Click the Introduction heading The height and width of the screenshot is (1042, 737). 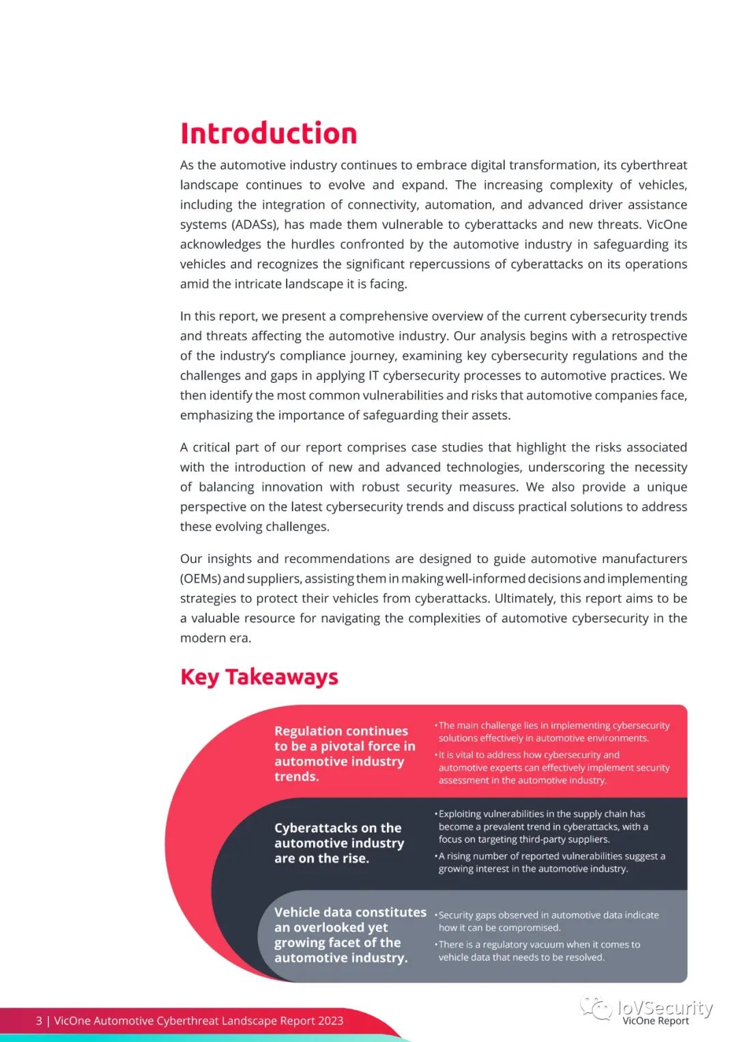point(268,133)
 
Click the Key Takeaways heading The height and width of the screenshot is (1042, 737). point(259,676)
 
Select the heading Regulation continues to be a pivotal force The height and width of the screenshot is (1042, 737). point(344,753)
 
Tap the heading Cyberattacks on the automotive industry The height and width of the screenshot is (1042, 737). point(338,843)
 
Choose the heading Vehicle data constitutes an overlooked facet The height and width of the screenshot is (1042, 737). point(349,935)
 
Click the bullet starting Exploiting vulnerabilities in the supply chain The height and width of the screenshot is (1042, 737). point(543,826)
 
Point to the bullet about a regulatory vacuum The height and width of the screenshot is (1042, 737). point(539,951)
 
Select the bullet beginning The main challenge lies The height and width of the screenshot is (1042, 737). point(553,732)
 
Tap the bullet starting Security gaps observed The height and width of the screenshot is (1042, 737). point(548,921)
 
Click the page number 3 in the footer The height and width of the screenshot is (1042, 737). point(39,1021)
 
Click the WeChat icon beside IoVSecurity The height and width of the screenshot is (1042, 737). point(595,1008)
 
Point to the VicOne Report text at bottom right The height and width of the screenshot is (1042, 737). point(655,1021)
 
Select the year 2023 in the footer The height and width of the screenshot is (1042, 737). point(330,1021)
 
